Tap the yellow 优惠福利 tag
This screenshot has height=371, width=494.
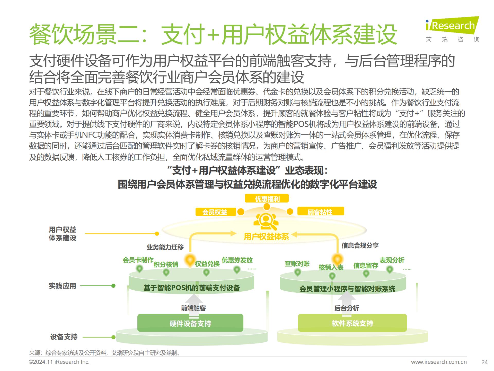click(x=267, y=199)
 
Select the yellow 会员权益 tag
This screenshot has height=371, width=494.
click(x=216, y=212)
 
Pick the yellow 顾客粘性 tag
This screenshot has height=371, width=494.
click(x=320, y=212)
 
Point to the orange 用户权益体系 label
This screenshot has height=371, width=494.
click(x=266, y=236)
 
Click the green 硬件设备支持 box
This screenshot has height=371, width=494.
click(x=190, y=323)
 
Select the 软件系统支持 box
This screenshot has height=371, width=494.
click(x=352, y=323)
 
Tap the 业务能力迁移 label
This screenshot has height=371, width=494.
click(x=165, y=247)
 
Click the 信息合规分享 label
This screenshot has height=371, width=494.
click(x=360, y=246)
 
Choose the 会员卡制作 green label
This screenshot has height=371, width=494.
click(x=138, y=260)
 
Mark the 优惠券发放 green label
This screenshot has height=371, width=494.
click(x=237, y=260)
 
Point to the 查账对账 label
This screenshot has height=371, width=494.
click(x=297, y=264)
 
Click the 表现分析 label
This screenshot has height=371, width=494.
click(x=392, y=260)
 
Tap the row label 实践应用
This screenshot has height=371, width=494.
click(x=63, y=286)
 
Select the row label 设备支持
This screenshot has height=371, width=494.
click(x=64, y=337)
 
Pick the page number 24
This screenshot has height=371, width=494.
click(x=484, y=362)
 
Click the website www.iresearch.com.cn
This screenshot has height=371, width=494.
click(x=439, y=362)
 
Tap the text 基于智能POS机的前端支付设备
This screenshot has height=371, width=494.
click(x=191, y=288)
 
